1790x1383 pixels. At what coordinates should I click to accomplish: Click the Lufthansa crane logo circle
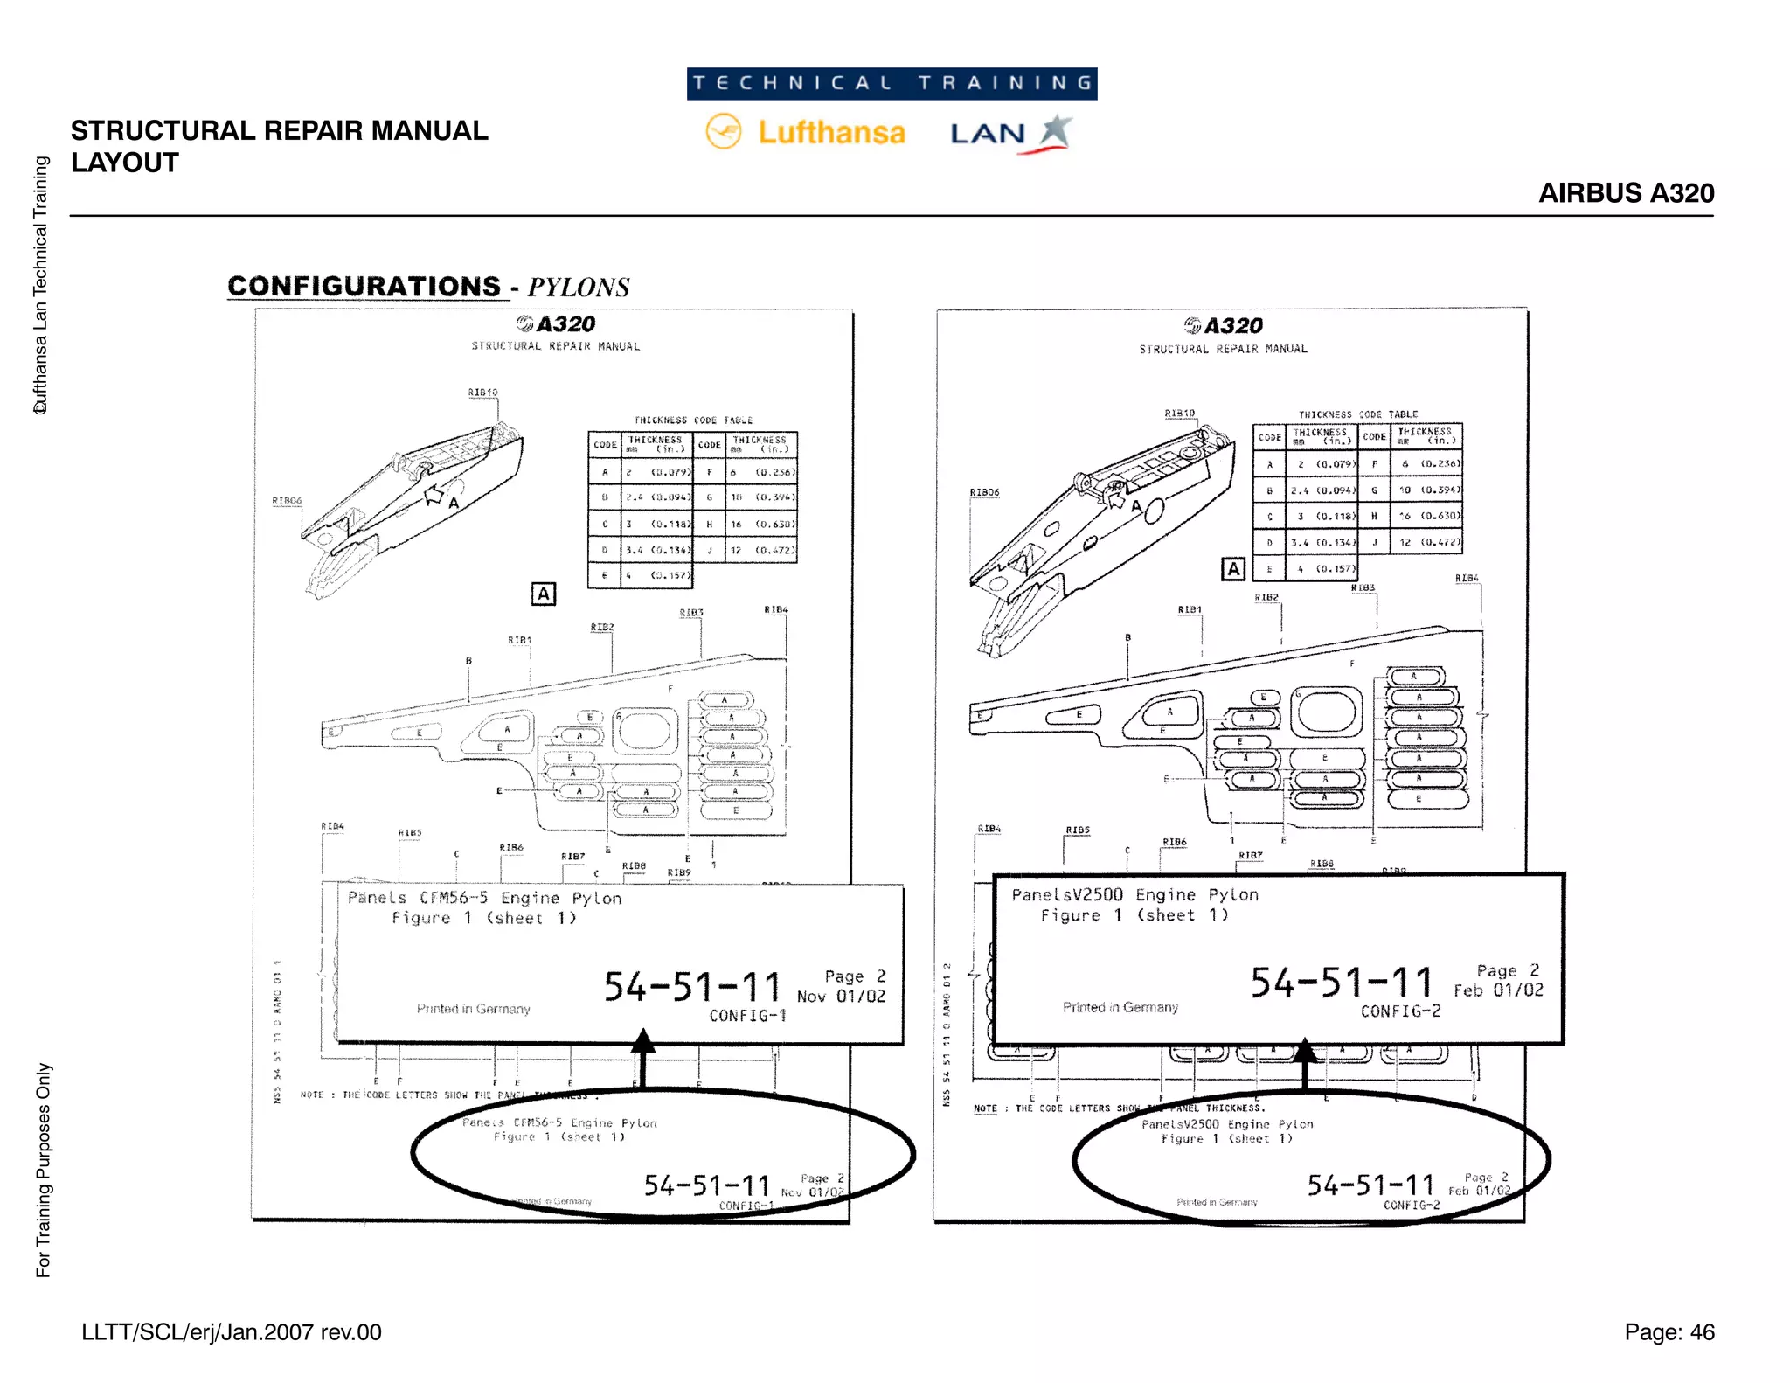(x=723, y=132)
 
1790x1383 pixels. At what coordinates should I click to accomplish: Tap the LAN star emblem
(x=1056, y=131)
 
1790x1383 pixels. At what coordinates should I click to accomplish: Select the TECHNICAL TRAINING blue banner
(x=892, y=83)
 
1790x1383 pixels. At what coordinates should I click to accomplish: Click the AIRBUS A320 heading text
(x=1626, y=192)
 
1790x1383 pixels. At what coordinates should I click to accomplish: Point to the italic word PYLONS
(x=578, y=288)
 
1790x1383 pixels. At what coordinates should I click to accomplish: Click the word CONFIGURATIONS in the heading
(x=364, y=287)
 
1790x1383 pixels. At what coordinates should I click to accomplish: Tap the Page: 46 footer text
(x=1669, y=1331)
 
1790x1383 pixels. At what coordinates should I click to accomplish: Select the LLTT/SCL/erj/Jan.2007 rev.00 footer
(x=232, y=1331)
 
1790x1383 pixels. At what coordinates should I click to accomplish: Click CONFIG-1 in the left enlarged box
(x=747, y=1015)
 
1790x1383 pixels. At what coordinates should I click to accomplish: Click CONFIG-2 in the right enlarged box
(x=1400, y=1011)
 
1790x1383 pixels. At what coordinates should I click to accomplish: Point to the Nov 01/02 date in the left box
(x=841, y=996)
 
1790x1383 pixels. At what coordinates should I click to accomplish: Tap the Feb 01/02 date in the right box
(x=1498, y=990)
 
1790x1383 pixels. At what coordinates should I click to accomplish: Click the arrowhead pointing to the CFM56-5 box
(x=642, y=1040)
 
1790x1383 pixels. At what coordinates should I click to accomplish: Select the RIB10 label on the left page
(x=482, y=393)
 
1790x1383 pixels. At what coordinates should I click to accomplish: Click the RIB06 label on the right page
(x=984, y=492)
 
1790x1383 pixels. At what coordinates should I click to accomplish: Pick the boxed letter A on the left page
(x=543, y=594)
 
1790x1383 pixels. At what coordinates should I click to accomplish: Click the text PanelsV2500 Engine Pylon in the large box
(x=1134, y=894)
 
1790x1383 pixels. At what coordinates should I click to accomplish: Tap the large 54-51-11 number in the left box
(x=692, y=987)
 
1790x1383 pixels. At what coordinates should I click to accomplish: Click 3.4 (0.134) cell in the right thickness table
(x=1323, y=542)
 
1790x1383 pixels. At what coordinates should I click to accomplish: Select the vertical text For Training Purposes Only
(x=43, y=1170)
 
